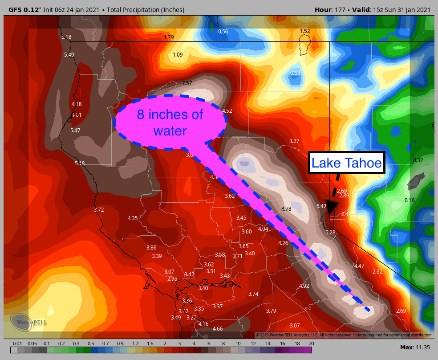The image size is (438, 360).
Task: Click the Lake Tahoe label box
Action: (x=346, y=163)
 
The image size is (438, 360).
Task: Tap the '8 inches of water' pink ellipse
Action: (x=170, y=122)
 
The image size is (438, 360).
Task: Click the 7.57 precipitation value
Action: (x=187, y=83)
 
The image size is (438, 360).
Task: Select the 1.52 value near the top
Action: (x=305, y=31)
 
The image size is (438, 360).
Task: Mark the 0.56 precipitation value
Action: (x=223, y=32)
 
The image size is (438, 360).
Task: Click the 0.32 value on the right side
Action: (x=418, y=160)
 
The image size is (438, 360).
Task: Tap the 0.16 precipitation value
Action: (x=409, y=200)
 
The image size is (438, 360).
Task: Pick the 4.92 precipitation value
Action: (x=304, y=286)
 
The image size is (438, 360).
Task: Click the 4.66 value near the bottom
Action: (x=218, y=329)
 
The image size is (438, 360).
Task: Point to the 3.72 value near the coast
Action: (x=99, y=209)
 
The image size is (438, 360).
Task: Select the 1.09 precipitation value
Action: (x=178, y=55)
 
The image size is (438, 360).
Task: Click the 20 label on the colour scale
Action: (x=311, y=344)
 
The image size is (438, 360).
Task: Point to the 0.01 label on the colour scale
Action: (x=17, y=344)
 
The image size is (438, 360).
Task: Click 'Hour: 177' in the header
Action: (x=330, y=10)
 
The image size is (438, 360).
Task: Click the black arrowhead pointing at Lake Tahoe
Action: (x=332, y=206)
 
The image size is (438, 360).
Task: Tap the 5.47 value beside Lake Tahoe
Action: (x=321, y=206)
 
